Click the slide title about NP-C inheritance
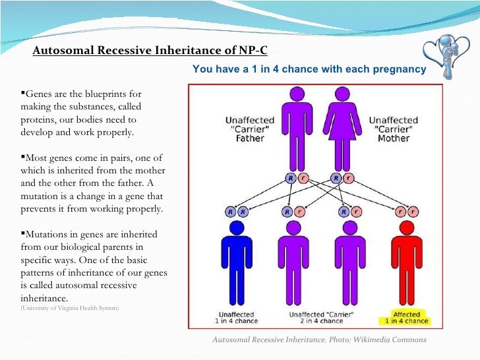tap(150, 51)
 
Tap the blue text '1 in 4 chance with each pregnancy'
tap(309, 69)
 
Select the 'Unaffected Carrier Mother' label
tap(394, 129)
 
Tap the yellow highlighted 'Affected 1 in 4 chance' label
tap(407, 318)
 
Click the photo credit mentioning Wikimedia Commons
tap(319, 340)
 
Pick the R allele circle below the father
tap(290, 177)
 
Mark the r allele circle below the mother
tap(349, 177)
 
